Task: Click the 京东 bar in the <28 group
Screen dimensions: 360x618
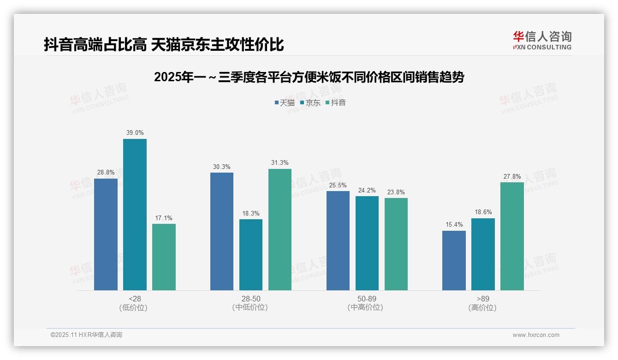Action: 135,215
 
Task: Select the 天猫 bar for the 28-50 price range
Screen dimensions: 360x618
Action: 222,231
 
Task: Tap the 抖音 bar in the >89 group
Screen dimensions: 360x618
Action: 512,236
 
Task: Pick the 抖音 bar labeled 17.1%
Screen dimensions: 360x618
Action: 164,257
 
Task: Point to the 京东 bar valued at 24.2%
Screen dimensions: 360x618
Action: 367,243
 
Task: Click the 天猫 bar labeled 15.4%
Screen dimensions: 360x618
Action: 454,260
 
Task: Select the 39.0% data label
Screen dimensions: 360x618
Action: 135,133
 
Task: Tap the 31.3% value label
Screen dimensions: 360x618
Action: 280,163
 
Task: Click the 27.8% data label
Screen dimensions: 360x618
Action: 512,176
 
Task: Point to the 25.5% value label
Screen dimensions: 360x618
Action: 338,185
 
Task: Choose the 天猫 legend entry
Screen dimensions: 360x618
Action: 285,102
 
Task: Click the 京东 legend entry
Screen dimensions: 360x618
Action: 310,102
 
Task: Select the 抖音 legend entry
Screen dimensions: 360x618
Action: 335,102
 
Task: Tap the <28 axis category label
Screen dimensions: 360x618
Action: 135,299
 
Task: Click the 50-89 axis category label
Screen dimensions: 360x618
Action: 367,299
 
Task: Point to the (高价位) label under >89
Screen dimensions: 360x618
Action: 482,307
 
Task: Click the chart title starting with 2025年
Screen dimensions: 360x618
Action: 309,77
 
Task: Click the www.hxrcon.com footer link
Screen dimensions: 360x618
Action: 536,335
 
